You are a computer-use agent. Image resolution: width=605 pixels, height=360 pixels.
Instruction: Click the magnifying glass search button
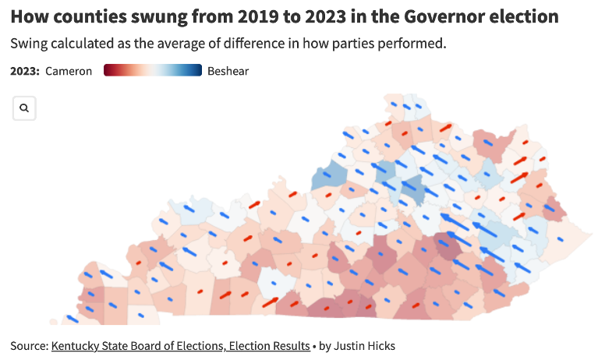point(24,108)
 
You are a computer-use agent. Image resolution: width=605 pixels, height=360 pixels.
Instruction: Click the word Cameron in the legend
point(69,72)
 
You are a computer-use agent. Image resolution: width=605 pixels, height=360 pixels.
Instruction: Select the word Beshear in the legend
point(228,72)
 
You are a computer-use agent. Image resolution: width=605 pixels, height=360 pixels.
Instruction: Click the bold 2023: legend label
point(25,72)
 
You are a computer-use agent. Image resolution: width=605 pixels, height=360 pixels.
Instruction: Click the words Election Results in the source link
point(269,345)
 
